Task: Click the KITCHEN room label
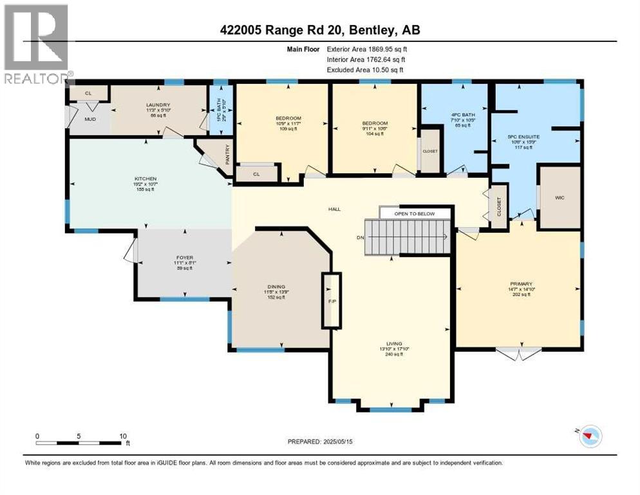click(146, 179)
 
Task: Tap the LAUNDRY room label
click(158, 105)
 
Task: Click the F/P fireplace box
click(332, 300)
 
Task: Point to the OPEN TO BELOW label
click(415, 213)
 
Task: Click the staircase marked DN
click(407, 237)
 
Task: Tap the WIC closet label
click(560, 199)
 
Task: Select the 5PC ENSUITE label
click(523, 137)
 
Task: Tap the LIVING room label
click(391, 344)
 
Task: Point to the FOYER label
click(184, 258)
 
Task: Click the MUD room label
click(91, 119)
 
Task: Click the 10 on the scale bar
click(122, 436)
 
